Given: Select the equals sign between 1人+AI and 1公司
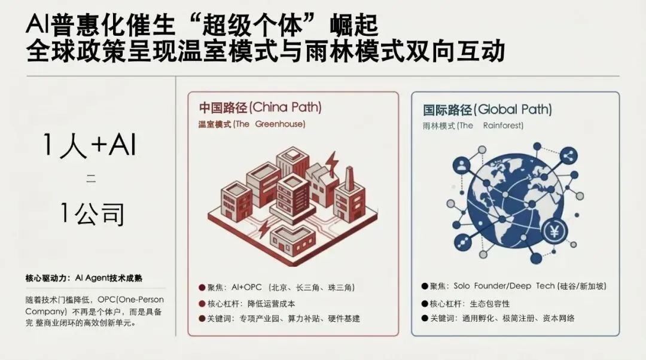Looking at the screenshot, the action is click(90, 178).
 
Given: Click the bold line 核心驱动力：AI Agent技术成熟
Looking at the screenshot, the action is click(84, 279).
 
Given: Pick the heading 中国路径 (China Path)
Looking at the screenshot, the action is click(260, 108).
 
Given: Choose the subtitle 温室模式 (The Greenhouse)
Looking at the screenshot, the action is click(252, 124).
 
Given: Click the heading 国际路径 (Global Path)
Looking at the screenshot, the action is click(487, 109).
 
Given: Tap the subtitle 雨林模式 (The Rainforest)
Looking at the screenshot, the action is click(473, 126).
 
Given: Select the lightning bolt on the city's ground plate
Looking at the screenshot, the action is click(263, 228).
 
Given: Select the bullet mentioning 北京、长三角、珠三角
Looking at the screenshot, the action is click(278, 288).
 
